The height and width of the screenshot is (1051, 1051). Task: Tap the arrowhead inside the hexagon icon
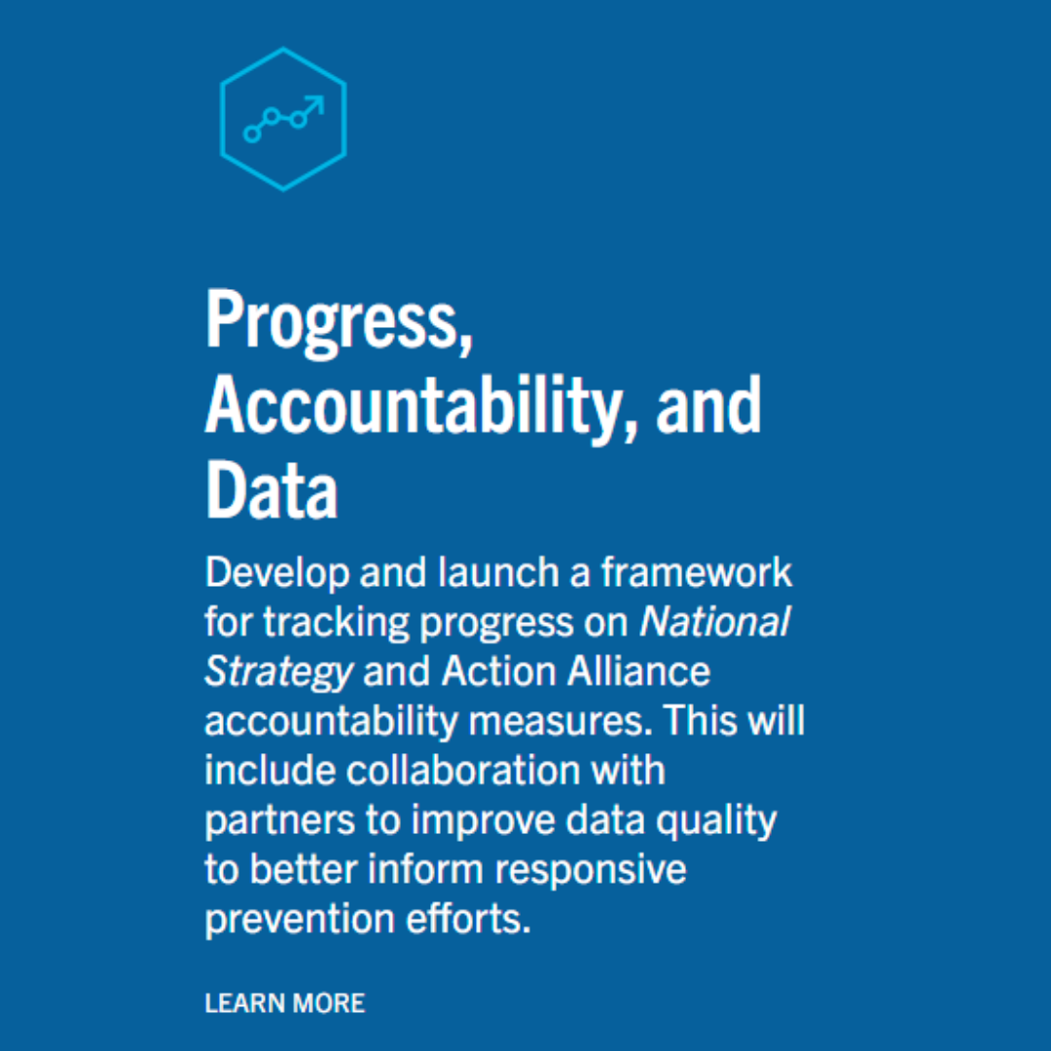(x=315, y=105)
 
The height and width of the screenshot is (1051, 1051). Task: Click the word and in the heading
(x=709, y=406)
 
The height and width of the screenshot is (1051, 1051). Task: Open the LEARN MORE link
(x=285, y=1003)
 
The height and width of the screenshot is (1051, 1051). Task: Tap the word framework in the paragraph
(x=697, y=572)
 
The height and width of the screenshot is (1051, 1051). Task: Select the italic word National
(x=715, y=622)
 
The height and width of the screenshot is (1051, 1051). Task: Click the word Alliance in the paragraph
(x=638, y=670)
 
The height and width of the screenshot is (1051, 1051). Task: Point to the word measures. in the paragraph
(x=561, y=721)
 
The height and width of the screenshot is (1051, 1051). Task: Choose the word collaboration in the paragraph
(x=463, y=770)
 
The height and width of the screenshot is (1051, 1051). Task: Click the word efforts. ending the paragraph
(x=468, y=918)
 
